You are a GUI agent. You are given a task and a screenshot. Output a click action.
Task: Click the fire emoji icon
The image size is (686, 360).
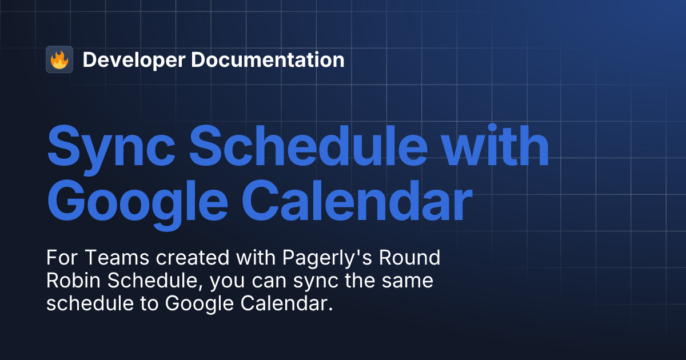[59, 59]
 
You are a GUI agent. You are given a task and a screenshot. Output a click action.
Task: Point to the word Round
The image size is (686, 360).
[415, 258]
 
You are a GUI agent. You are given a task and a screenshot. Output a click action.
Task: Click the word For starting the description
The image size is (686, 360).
[62, 258]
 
